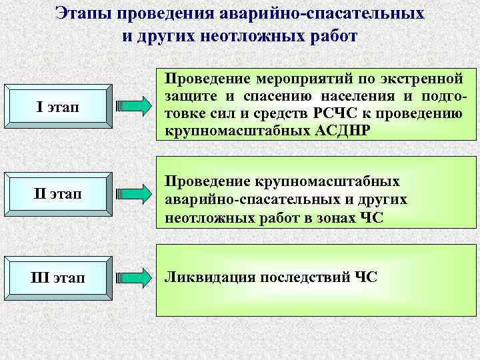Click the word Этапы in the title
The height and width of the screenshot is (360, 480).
[x=84, y=13]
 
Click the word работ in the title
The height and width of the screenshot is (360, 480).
[x=335, y=35]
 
